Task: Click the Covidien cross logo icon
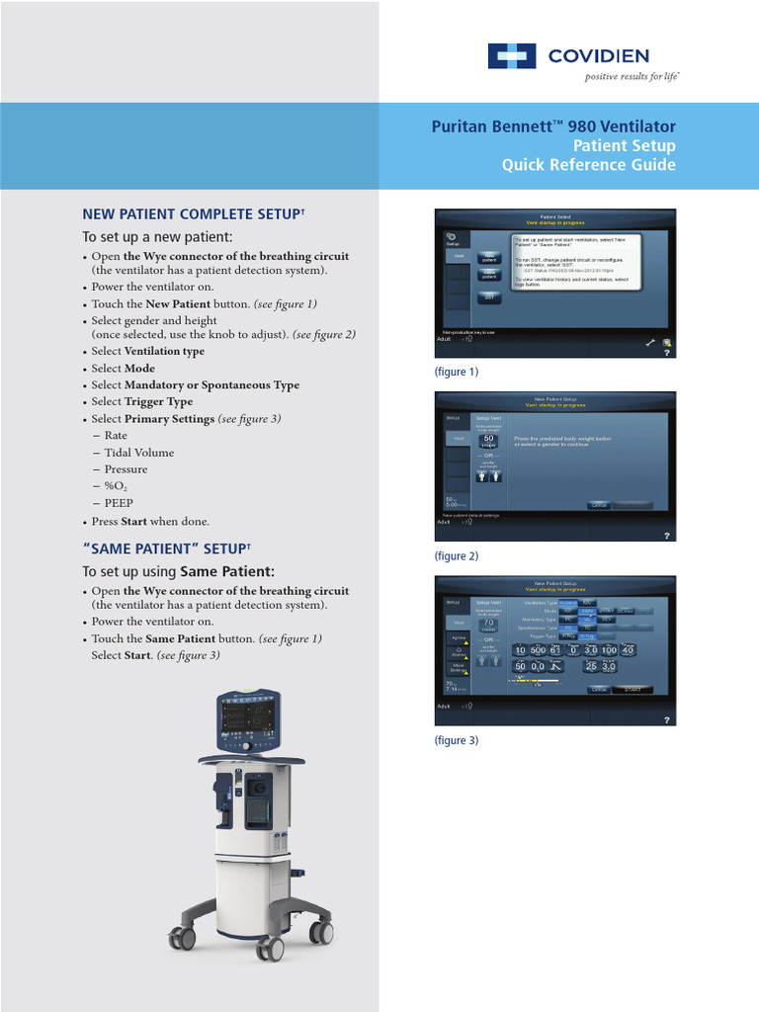pyautogui.click(x=511, y=56)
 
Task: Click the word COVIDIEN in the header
pyautogui.click(x=599, y=56)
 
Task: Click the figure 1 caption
pyautogui.click(x=456, y=372)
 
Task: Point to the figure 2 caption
pyautogui.click(x=456, y=556)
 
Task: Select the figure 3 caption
pyautogui.click(x=456, y=740)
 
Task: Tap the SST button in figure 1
pyautogui.click(x=488, y=297)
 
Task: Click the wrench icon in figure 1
pyautogui.click(x=649, y=343)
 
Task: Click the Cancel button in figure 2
pyautogui.click(x=599, y=505)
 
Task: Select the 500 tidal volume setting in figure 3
pyautogui.click(x=538, y=649)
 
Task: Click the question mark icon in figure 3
pyautogui.click(x=667, y=720)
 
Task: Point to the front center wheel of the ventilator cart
pyautogui.click(x=269, y=950)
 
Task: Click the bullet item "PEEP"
pyautogui.click(x=119, y=503)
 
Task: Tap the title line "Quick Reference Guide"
pyautogui.click(x=588, y=165)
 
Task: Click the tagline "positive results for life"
pyautogui.click(x=631, y=77)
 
